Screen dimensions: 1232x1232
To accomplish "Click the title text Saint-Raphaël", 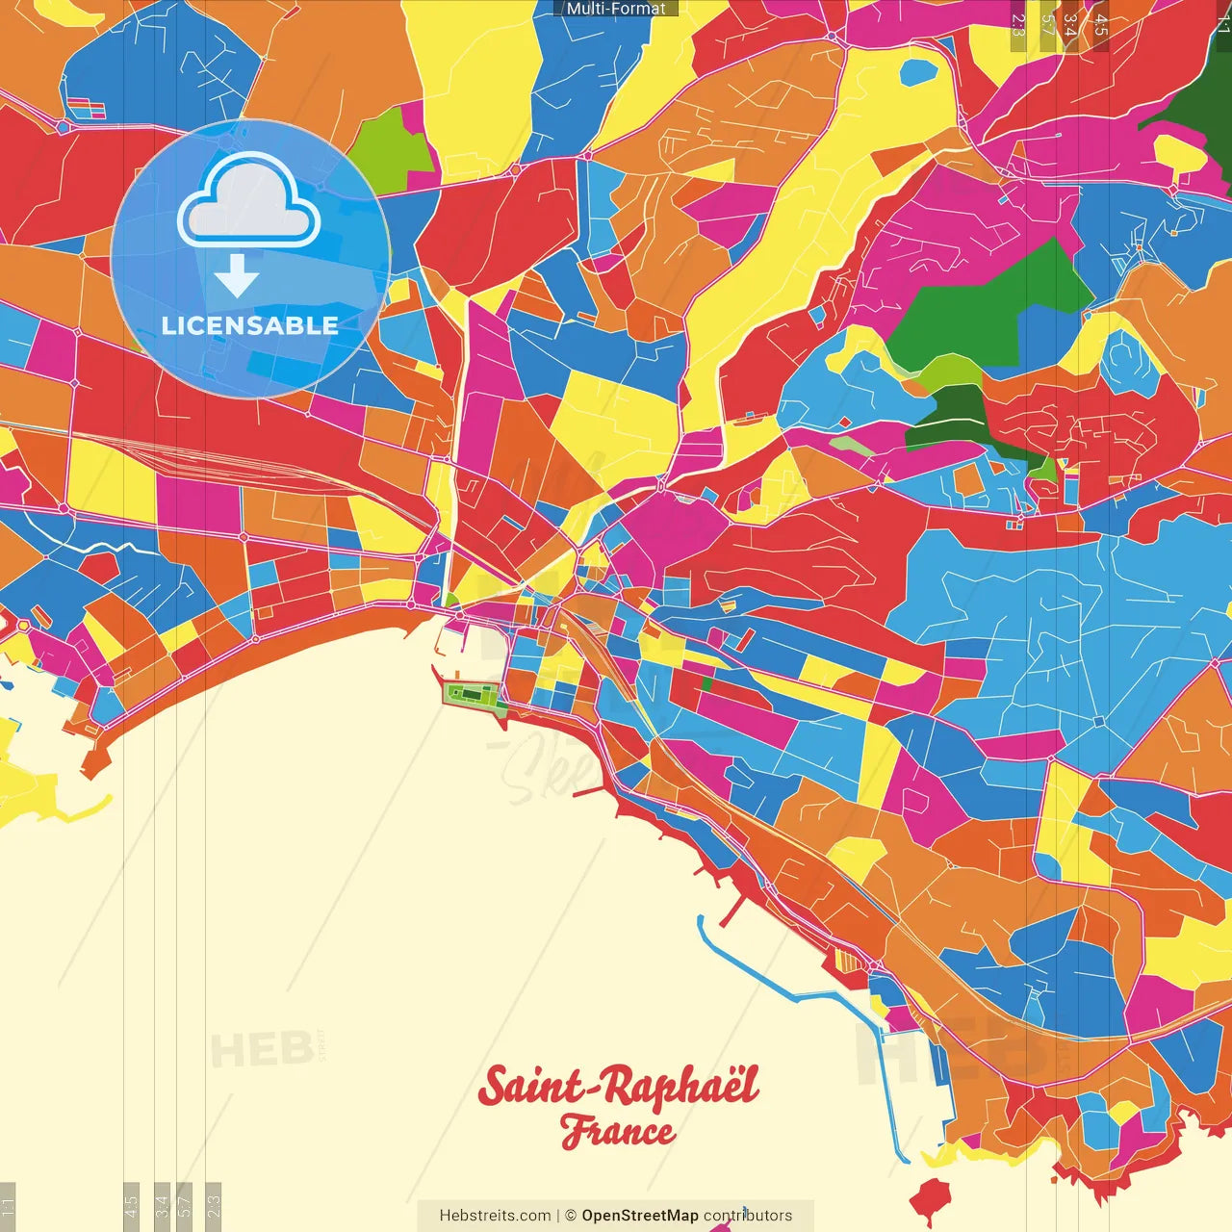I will [x=618, y=1088].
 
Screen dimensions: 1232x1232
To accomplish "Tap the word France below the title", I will [x=617, y=1132].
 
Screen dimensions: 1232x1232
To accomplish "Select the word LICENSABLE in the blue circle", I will [x=250, y=325].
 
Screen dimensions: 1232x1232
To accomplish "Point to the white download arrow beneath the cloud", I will [x=237, y=277].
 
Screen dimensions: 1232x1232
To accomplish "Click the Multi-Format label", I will [x=616, y=8].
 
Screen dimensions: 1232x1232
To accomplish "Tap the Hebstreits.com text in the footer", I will [x=495, y=1216].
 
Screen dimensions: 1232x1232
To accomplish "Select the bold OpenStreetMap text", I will [x=639, y=1216].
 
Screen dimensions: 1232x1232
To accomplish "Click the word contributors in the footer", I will [x=748, y=1216].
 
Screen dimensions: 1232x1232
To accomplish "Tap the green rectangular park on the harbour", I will [x=472, y=694].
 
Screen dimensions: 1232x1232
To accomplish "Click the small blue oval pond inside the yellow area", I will [x=917, y=71].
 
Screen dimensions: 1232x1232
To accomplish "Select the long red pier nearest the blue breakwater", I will [x=734, y=907].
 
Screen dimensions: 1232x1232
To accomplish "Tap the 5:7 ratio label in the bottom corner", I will [x=186, y=1205].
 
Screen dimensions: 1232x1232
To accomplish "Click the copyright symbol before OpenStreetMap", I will [x=571, y=1216].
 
